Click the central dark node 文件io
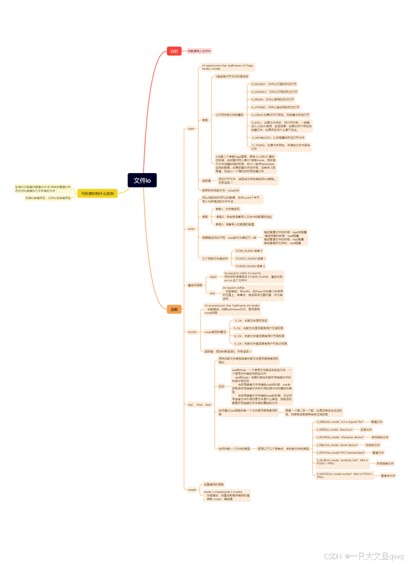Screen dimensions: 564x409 (x=142, y=180)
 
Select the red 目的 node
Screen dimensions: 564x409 (x=174, y=51)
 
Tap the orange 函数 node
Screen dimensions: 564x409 (x=174, y=309)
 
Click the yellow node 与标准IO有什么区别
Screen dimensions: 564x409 (x=97, y=194)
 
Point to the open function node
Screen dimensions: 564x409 (x=191, y=129)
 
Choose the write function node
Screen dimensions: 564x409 (x=191, y=229)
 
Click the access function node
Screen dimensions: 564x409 (x=192, y=332)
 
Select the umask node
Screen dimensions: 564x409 (x=192, y=490)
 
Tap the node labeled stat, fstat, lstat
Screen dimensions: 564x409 (x=199, y=405)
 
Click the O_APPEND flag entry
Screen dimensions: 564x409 (x=275, y=107)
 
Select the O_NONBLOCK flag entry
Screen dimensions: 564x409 (x=278, y=138)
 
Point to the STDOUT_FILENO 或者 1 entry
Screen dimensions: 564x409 (x=250, y=258)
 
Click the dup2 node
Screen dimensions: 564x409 (x=213, y=277)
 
